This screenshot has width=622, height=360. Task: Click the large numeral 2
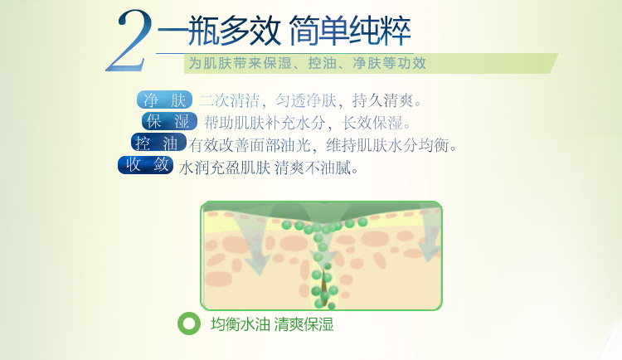point(129,41)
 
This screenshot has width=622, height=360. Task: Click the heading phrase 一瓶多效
point(219,31)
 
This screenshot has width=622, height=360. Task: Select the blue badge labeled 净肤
point(165,100)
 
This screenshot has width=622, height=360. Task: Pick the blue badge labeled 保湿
point(169,121)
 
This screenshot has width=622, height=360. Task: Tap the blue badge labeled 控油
point(158,143)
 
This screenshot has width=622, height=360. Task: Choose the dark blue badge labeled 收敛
point(146,165)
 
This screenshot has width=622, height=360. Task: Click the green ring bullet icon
point(189,324)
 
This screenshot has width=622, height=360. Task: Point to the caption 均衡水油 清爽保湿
point(272,324)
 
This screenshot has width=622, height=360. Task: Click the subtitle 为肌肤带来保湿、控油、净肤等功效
point(308,63)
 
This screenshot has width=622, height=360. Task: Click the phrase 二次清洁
point(229,101)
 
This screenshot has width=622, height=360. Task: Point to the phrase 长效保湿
point(372,123)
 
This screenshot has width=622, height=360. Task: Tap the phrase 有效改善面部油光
point(250,145)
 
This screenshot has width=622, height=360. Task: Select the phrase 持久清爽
point(383,101)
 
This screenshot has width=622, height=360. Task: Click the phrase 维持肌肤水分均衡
point(387,145)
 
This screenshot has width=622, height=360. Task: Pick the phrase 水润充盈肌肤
point(225,168)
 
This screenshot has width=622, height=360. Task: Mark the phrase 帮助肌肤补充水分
point(265,123)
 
